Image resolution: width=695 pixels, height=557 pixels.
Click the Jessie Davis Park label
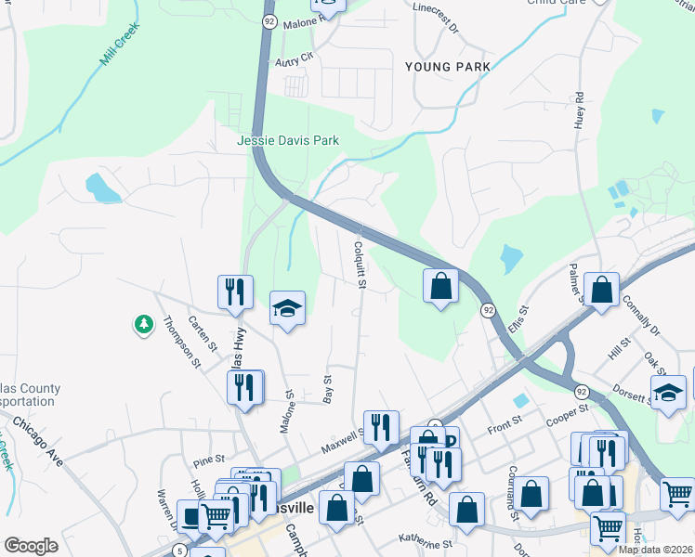click(x=288, y=141)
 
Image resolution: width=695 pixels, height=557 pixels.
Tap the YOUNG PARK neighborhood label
click(x=448, y=67)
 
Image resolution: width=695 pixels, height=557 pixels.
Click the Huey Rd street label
click(x=579, y=110)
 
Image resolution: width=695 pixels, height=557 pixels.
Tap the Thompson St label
click(x=182, y=343)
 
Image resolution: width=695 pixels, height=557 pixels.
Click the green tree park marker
click(x=143, y=324)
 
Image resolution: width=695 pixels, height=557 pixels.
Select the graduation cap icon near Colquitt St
click(x=287, y=307)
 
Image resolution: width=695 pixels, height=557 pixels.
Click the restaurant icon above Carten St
click(x=235, y=291)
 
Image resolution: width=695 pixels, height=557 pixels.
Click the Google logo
click(x=32, y=546)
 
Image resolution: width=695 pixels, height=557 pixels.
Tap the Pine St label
click(x=209, y=459)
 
